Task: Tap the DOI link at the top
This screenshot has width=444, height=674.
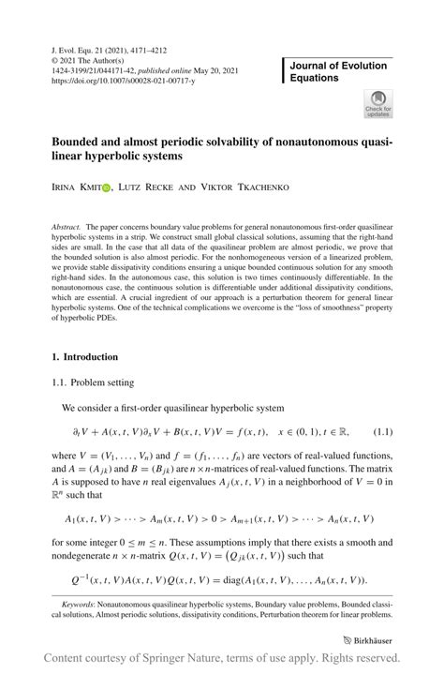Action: coord(117,82)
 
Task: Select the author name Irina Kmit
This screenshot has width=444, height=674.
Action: coord(75,187)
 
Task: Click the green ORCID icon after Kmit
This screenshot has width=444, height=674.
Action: coord(106,187)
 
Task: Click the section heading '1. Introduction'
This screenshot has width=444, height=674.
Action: coord(84,357)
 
